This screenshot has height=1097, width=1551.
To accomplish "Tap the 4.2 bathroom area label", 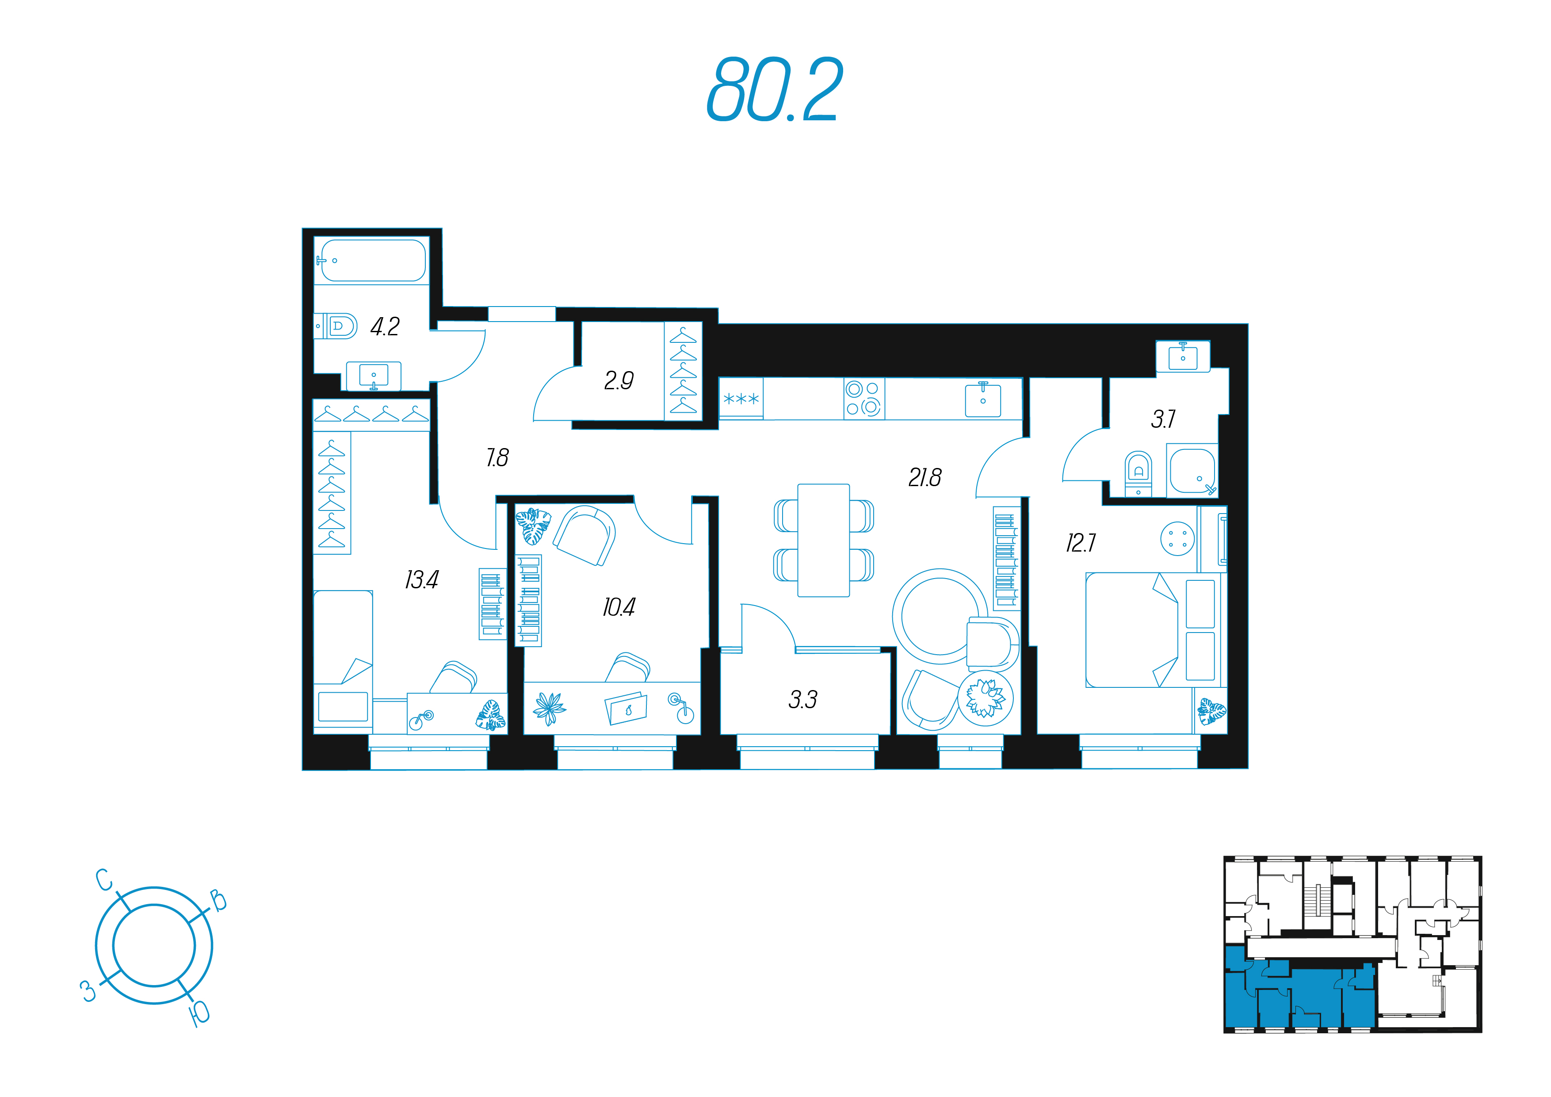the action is pos(385,327).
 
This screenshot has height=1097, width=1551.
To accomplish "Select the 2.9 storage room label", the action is pos(619,380).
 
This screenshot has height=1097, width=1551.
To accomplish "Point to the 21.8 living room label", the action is pos(925,478).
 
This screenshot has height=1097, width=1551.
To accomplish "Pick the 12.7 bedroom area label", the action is pos(1081,543).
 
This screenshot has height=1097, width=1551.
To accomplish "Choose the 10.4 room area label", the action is pos(619,607).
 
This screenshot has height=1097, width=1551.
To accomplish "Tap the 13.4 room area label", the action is pos(421,579).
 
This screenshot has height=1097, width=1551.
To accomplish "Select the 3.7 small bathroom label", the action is pos(1163,419).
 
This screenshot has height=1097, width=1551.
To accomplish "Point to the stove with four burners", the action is pos(864,399).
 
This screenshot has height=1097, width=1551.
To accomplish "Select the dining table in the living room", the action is pos(823,540).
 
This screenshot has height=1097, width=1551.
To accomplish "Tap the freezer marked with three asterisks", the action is pos(741,399).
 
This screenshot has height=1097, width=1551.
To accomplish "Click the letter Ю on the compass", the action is pos(201,1014).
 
